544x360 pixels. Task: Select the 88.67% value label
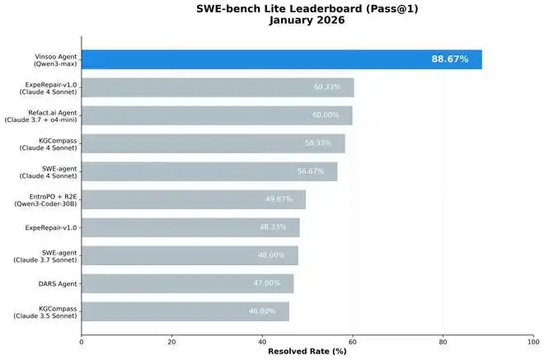click(x=449, y=59)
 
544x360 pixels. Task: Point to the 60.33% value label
click(x=326, y=87)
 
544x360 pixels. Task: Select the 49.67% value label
click(x=279, y=199)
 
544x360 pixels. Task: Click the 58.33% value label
click(x=318, y=143)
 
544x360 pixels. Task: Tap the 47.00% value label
click(x=266, y=283)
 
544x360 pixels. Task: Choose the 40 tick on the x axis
click(x=262, y=340)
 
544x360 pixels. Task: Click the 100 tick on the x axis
click(x=533, y=340)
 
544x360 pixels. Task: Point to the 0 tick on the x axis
click(x=81, y=340)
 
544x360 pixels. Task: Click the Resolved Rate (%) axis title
click(x=307, y=351)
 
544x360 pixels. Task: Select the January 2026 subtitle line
click(x=307, y=21)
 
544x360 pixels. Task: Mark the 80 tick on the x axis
click(x=443, y=340)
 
